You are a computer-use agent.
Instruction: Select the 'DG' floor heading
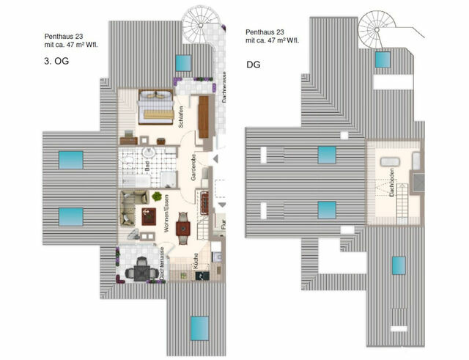[253, 64]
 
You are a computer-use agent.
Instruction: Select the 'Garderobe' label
[193, 167]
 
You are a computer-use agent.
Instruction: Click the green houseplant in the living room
[157, 196]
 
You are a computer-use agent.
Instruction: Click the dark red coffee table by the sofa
[149, 216]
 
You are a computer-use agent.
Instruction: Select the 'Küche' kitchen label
[195, 262]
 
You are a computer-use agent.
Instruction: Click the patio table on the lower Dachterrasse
[137, 272]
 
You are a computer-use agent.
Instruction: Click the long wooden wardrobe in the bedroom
[203, 117]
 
